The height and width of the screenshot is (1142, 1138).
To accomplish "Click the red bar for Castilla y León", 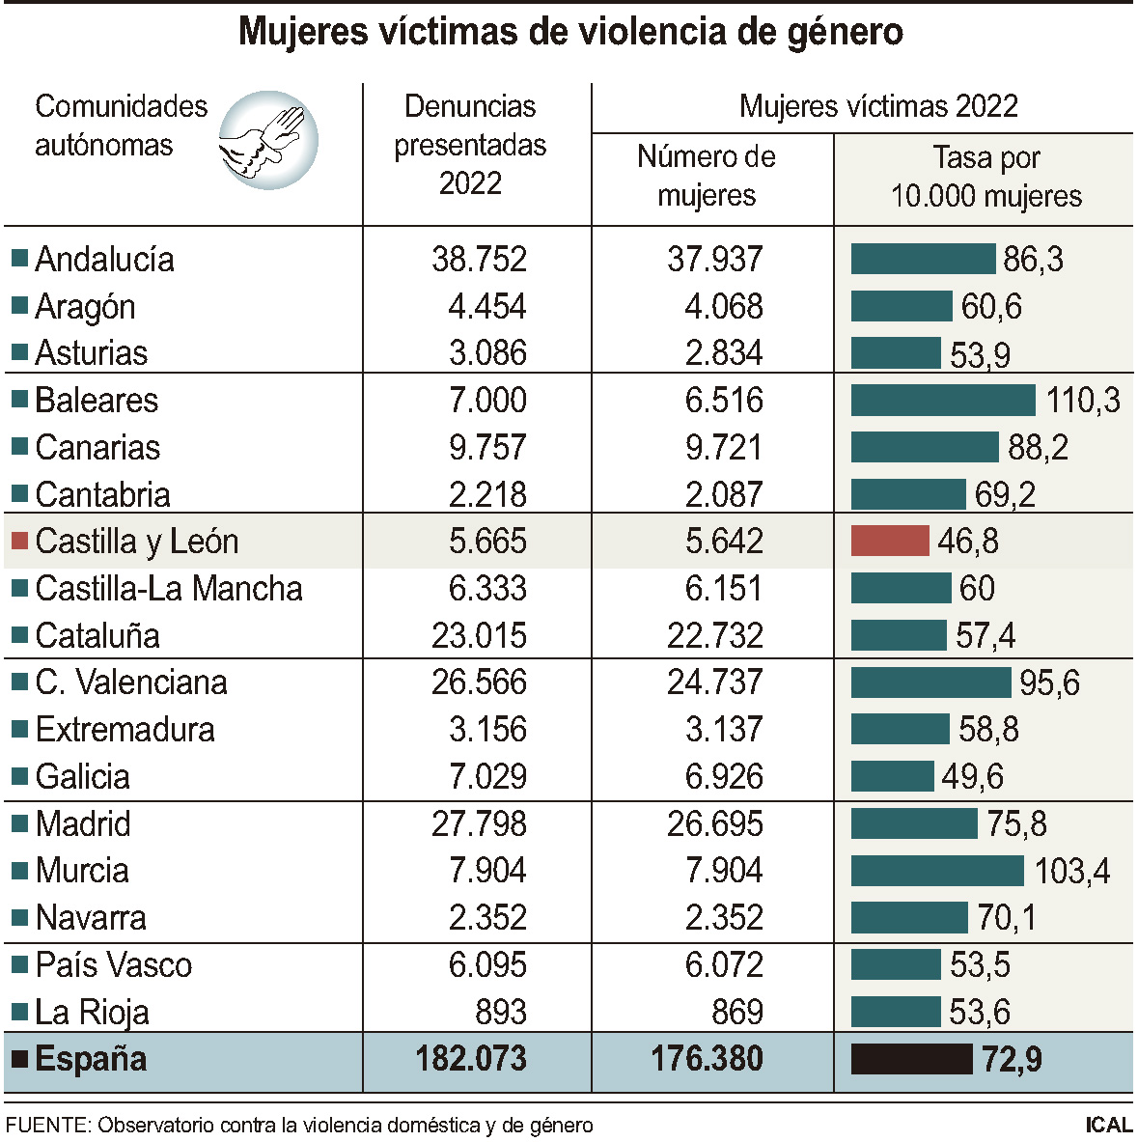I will [889, 541].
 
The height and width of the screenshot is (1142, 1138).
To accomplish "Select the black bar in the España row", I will [911, 1059].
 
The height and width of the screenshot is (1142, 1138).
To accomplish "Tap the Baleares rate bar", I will [943, 400].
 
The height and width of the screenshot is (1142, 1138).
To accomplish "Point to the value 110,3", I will [1083, 400].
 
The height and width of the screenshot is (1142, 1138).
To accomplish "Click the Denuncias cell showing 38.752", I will [479, 259].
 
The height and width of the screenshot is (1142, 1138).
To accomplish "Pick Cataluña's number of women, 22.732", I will [714, 635].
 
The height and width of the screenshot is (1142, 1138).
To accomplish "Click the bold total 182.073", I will [471, 1059].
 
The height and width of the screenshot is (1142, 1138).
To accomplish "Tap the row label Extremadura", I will [125, 729].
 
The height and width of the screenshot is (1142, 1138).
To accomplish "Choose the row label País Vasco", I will [113, 964].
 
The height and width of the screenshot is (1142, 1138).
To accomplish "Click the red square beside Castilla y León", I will [19, 541].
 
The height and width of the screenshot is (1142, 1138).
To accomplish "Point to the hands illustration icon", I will [267, 140].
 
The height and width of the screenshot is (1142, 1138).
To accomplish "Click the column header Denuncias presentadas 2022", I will [470, 145].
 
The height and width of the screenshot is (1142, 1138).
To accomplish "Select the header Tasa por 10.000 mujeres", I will [985, 177].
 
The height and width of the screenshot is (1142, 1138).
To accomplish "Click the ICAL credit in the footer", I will [1107, 1125].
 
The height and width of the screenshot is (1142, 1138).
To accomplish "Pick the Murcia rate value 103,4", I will [1071, 871].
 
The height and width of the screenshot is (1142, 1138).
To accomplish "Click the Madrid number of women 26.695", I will [714, 823].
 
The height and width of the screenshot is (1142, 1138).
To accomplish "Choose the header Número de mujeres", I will [707, 176].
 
